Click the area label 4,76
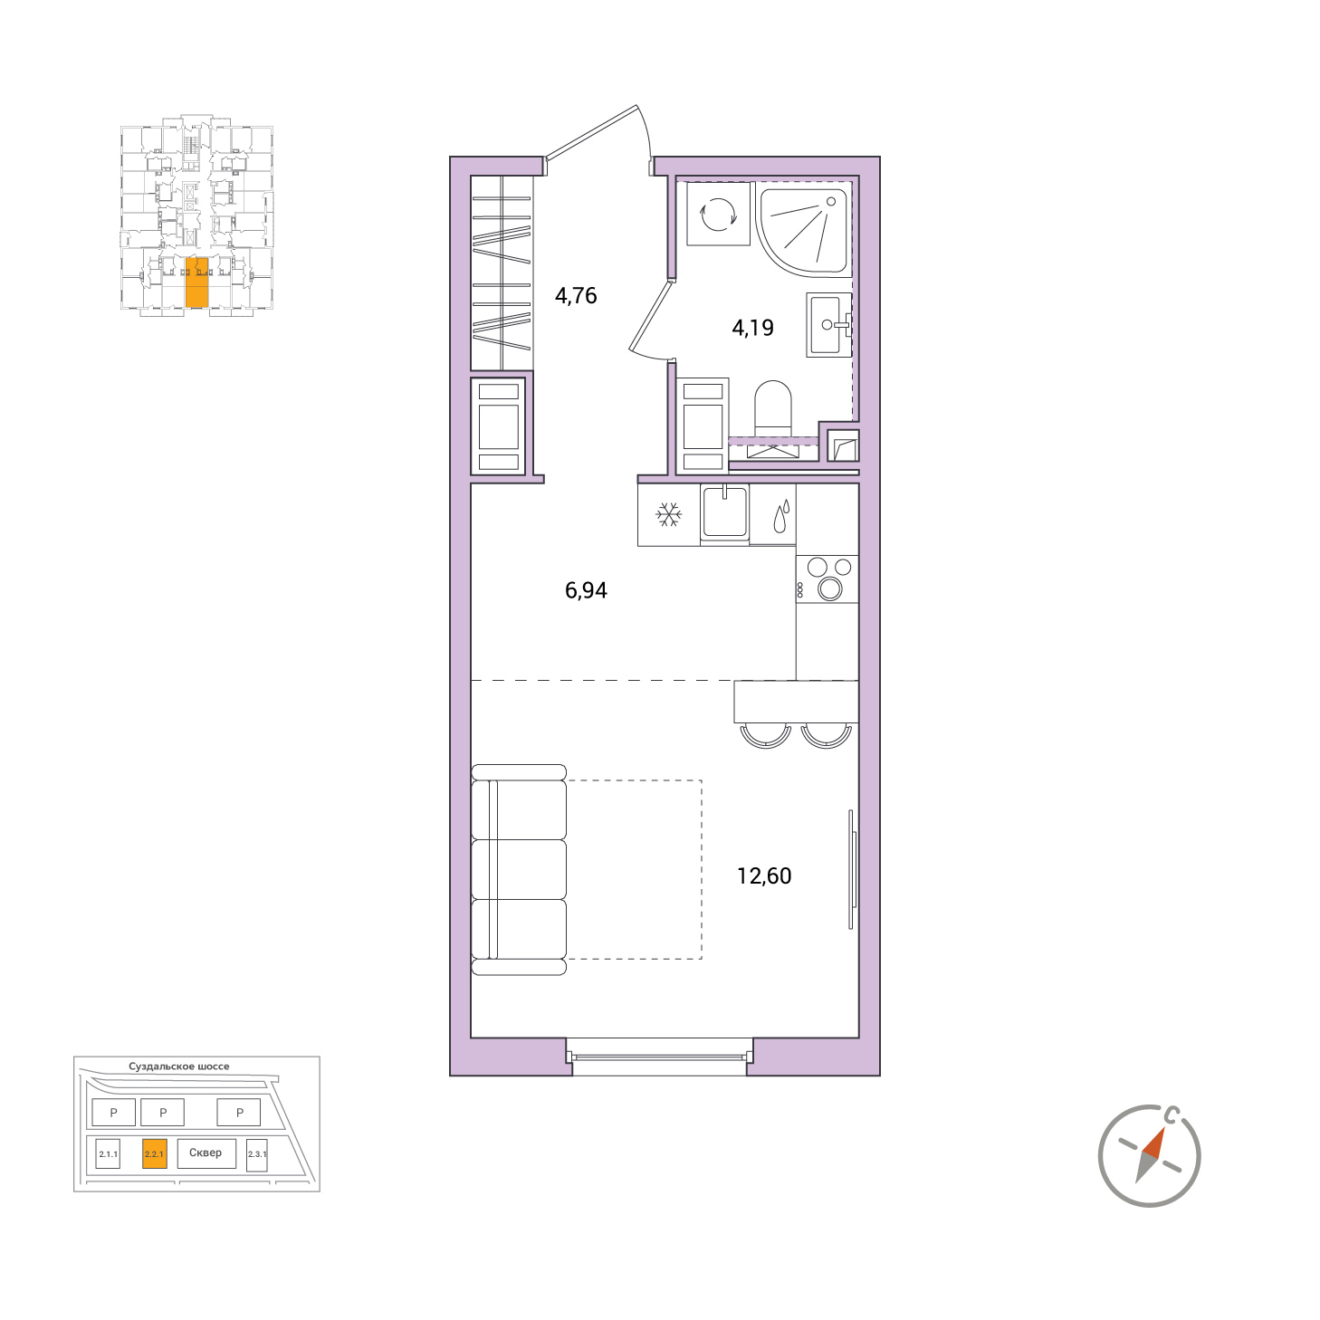click(576, 296)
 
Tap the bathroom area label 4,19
click(752, 328)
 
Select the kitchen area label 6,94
click(586, 590)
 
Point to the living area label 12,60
click(764, 876)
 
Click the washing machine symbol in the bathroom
click(717, 213)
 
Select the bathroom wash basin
click(828, 325)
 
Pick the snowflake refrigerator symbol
click(668, 514)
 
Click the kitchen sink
click(724, 512)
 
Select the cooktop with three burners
click(827, 579)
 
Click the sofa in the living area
click(520, 869)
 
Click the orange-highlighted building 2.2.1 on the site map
click(154, 1154)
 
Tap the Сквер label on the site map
click(206, 1153)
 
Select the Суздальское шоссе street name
click(178, 1067)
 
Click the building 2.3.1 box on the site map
click(257, 1155)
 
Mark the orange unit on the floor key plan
click(196, 282)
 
